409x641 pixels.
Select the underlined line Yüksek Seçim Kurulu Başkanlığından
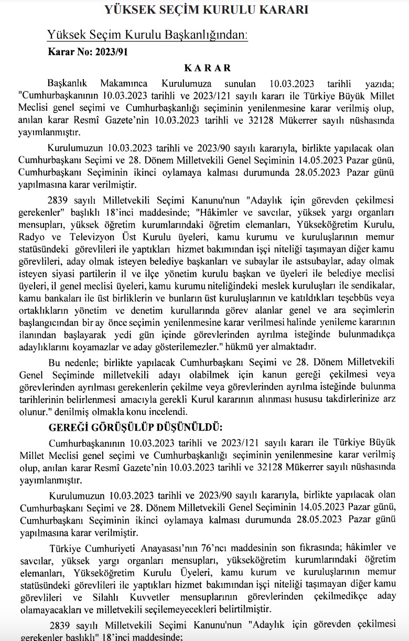[x=147, y=35]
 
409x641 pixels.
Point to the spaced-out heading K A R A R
[x=207, y=68]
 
